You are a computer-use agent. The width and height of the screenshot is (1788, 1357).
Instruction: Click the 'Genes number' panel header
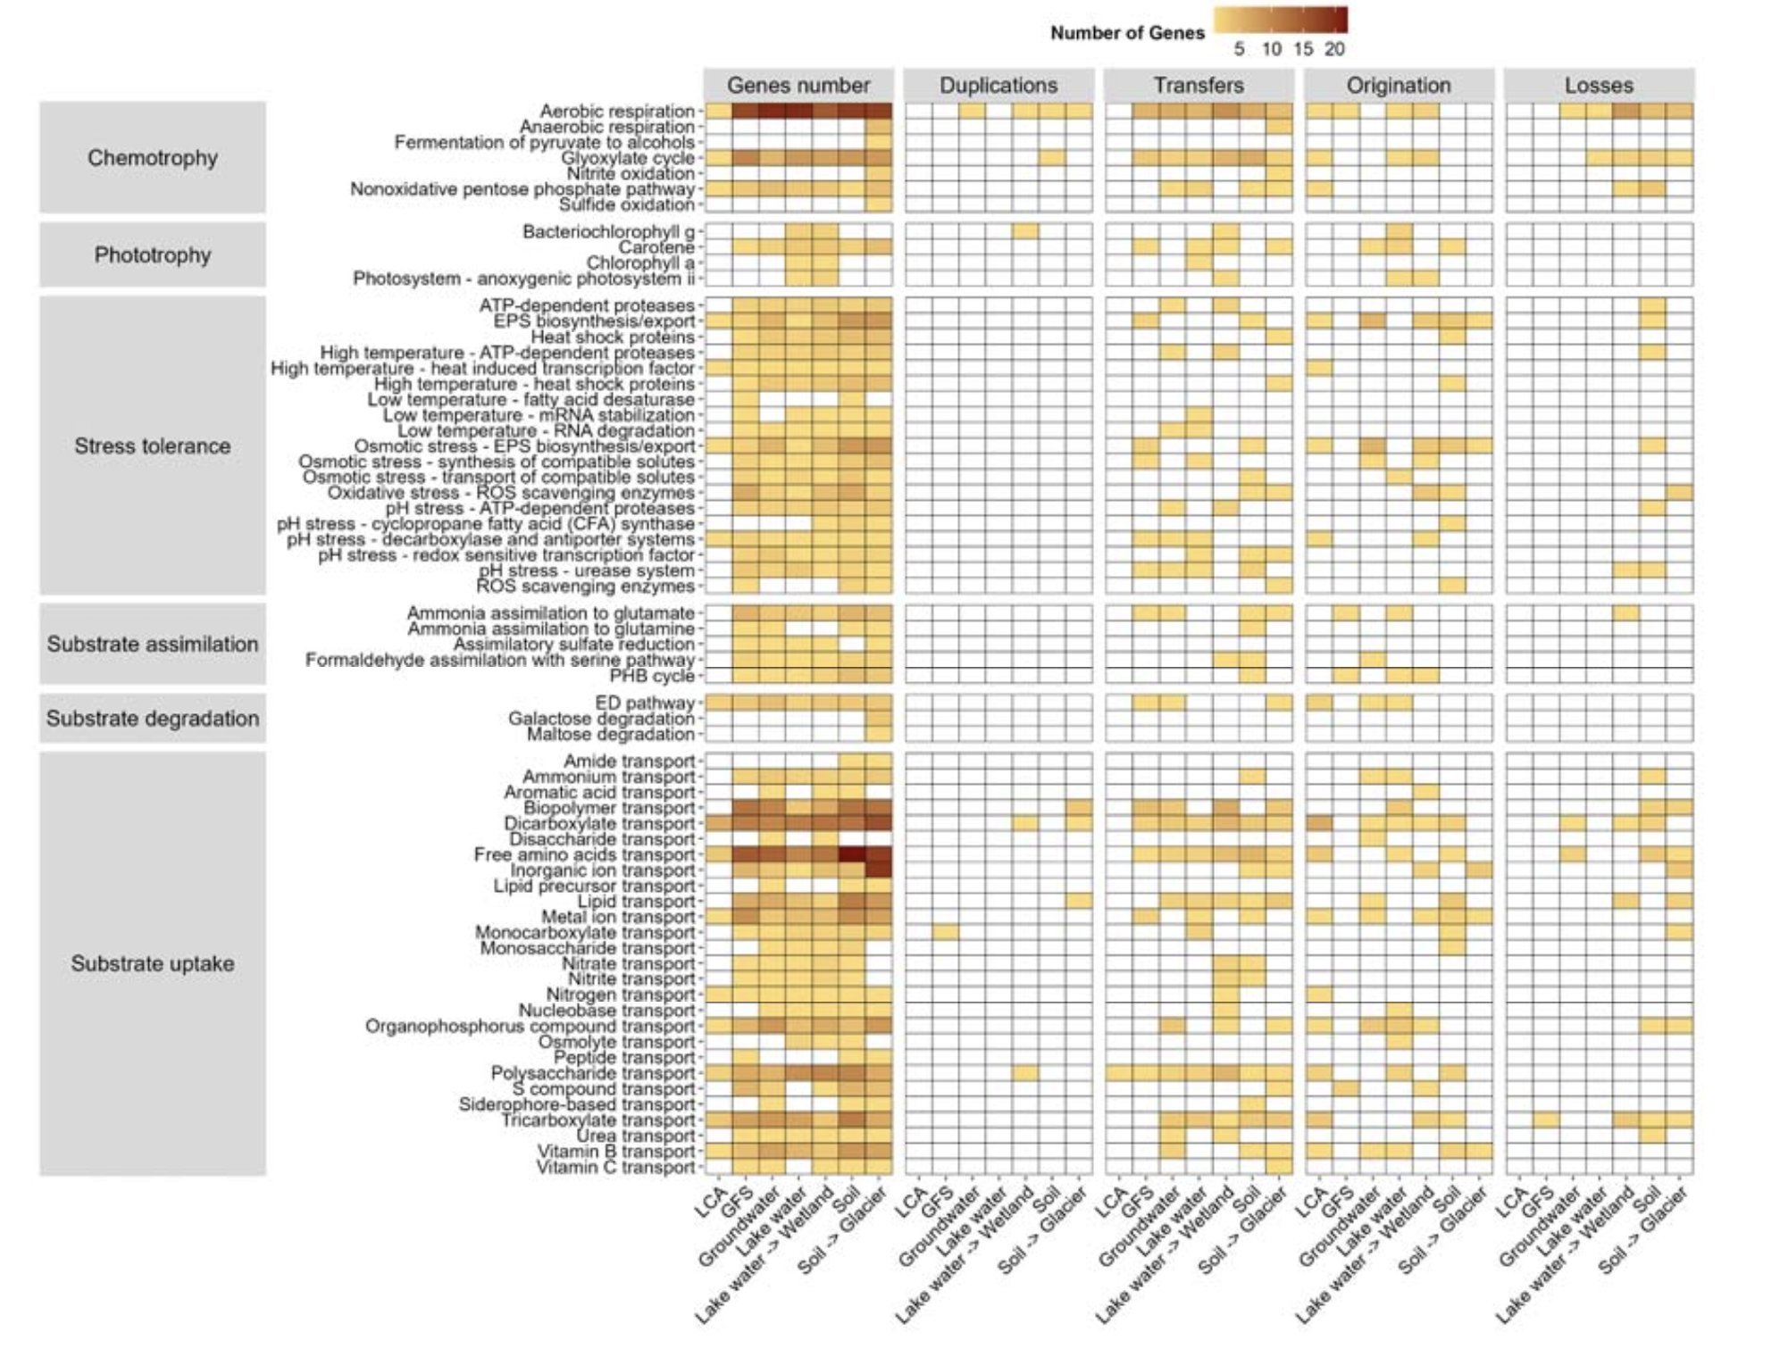tap(798, 86)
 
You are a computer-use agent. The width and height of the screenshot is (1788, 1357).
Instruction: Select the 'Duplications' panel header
tap(998, 86)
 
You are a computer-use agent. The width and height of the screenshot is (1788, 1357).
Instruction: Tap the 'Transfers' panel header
tap(1198, 86)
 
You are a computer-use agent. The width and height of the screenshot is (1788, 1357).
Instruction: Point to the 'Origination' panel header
tap(1398, 86)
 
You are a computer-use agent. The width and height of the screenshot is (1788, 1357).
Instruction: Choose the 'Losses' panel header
tap(1598, 86)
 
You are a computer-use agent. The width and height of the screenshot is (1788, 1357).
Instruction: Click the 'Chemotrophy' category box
tap(152, 158)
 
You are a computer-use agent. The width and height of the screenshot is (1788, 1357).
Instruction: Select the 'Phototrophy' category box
tap(152, 255)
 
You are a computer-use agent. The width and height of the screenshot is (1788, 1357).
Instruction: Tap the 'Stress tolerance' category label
tap(152, 446)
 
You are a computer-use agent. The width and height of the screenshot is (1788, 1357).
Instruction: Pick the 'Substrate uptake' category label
tap(152, 964)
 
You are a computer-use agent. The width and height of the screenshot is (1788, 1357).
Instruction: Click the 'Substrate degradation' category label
tap(152, 719)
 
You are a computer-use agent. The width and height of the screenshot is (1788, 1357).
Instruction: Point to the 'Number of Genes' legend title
tap(1127, 33)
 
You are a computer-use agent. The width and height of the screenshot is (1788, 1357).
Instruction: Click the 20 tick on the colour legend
tap(1334, 49)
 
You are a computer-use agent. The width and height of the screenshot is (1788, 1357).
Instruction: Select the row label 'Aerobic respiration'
tap(616, 112)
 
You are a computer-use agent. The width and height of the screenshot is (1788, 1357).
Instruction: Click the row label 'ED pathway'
tap(644, 703)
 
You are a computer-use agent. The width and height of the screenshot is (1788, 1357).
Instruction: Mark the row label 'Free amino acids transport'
tap(584, 855)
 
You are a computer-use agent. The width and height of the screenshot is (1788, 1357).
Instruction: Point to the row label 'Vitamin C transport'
tap(615, 1167)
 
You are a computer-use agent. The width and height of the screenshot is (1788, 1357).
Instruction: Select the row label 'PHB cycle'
tap(652, 676)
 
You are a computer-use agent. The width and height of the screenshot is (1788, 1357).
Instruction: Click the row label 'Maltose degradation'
tap(610, 734)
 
